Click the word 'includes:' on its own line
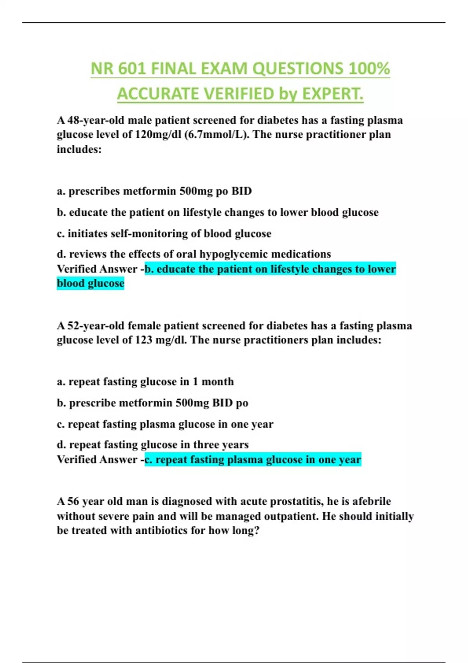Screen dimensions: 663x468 pos(79,149)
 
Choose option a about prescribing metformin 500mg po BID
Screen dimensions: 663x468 pos(154,191)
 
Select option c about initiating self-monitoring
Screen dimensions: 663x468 pos(164,234)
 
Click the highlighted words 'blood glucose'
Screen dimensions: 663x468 pos(90,283)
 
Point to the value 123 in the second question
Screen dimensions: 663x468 pos(144,340)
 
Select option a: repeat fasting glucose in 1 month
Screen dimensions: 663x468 pos(145,382)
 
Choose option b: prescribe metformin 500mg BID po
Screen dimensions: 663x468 pos(152,403)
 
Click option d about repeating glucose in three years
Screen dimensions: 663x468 pos(153,445)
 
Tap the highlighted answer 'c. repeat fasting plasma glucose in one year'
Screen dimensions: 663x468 pos(253,460)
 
